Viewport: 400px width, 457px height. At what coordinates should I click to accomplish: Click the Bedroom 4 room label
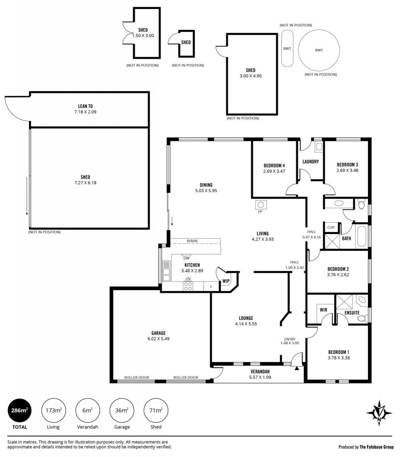[274, 166]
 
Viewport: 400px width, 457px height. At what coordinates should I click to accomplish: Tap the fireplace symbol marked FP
[260, 204]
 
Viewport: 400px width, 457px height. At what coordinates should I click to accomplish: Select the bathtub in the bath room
[362, 237]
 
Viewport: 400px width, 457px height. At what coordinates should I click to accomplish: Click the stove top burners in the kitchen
[188, 286]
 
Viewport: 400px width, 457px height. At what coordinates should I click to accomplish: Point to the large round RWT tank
[319, 50]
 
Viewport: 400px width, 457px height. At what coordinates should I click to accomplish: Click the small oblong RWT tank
[287, 48]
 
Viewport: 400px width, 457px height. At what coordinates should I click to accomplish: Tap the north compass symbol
[379, 413]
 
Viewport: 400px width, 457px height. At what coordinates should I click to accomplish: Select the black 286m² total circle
[20, 411]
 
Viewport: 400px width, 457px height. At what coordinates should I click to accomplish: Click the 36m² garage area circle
[122, 411]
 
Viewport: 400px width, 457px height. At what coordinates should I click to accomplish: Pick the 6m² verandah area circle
[88, 411]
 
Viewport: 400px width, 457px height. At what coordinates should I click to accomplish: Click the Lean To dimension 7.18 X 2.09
[85, 112]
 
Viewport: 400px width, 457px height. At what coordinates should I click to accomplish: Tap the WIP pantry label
[226, 281]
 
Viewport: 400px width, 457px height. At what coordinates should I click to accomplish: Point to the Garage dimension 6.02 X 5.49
[158, 339]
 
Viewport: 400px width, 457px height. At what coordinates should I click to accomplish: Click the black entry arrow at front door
[297, 369]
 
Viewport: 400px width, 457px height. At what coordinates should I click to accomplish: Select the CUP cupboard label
[331, 227]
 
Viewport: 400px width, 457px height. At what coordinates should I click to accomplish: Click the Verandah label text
[260, 372]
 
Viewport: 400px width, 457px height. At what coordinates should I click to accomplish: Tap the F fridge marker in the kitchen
[211, 287]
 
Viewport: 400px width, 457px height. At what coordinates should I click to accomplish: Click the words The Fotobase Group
[376, 447]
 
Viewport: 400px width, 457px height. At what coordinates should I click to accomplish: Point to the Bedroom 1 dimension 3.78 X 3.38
[338, 357]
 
